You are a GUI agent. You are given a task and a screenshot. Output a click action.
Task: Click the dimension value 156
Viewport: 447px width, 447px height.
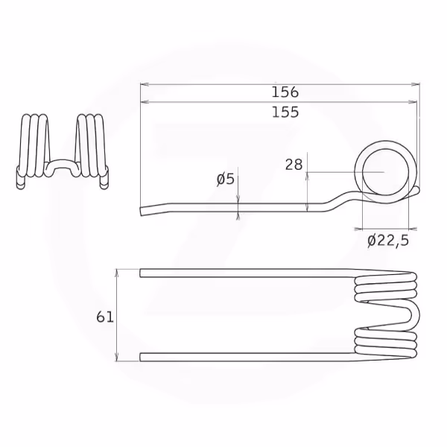coord(285,92)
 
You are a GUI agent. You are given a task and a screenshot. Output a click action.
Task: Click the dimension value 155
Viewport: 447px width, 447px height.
coord(285,112)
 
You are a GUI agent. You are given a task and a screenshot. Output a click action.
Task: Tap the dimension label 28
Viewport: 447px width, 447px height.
coord(294,165)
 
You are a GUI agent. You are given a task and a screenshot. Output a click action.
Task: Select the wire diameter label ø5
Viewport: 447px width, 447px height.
coord(226,180)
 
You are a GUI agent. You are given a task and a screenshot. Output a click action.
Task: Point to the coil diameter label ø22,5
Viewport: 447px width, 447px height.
coord(388,241)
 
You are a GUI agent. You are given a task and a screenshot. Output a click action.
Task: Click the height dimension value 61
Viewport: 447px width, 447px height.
coord(105,317)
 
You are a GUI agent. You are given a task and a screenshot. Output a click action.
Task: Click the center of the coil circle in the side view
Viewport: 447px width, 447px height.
coord(385,172)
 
